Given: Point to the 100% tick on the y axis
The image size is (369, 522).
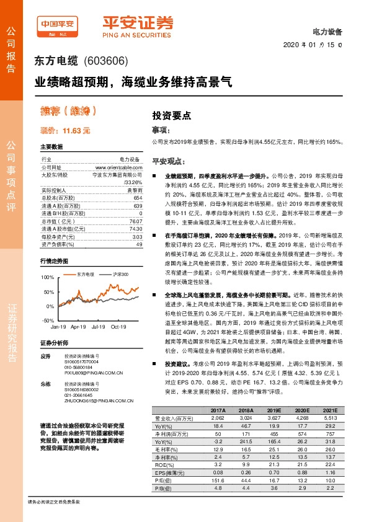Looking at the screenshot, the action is point(47,277).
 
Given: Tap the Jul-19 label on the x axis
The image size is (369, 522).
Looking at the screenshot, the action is point(98,325).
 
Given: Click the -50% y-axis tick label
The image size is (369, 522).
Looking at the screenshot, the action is point(47,321).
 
